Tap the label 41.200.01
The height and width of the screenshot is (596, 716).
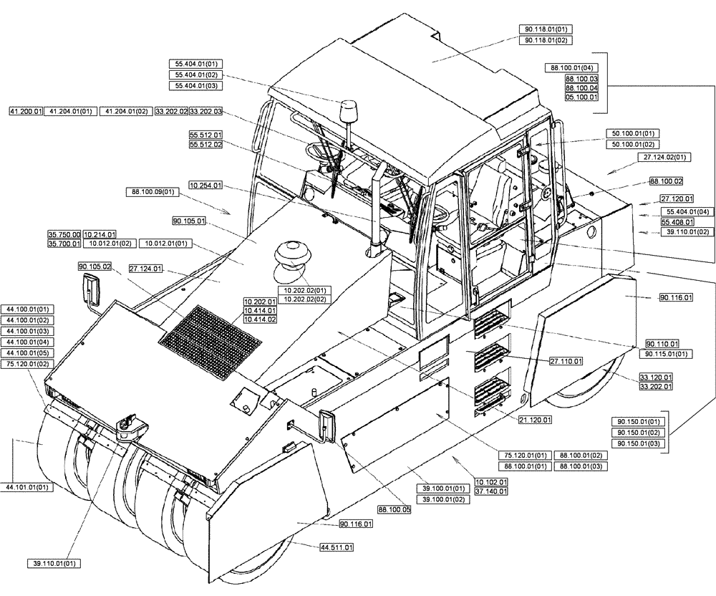click(x=26, y=112)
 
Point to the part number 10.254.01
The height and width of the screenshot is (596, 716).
click(x=205, y=185)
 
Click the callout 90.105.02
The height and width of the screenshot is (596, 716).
click(x=95, y=266)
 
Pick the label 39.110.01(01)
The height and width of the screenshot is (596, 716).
click(x=54, y=564)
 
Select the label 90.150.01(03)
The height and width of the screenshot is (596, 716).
click(x=637, y=444)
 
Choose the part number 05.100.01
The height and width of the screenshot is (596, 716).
click(x=581, y=97)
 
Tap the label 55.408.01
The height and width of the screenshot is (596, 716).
click(x=677, y=222)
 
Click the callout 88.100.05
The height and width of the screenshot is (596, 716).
click(x=394, y=510)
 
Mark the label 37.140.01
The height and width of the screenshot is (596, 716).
click(x=492, y=491)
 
